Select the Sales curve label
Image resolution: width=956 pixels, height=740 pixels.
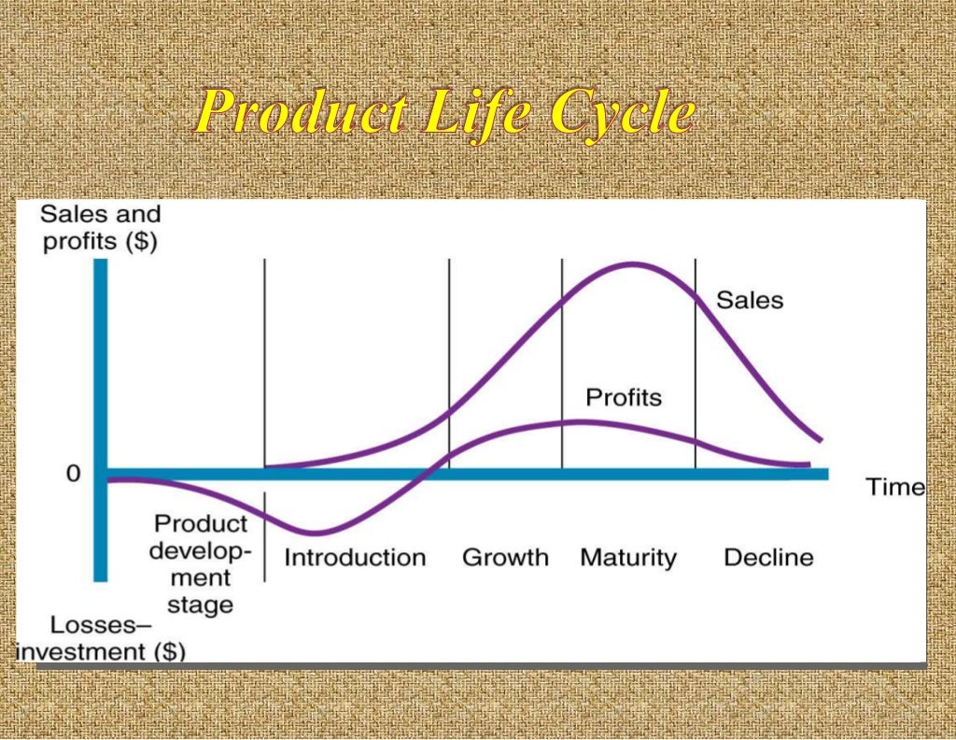coord(750,300)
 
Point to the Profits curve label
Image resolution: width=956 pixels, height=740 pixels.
coord(623,397)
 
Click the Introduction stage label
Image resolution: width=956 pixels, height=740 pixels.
coord(355,558)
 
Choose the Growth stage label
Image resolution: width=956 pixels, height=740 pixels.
coord(505,558)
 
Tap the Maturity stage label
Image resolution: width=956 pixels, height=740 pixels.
coord(627,558)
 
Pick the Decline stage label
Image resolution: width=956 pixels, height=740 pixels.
coord(768,558)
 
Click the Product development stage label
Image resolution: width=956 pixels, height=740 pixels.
coord(201,563)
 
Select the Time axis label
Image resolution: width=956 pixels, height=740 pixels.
coord(894,487)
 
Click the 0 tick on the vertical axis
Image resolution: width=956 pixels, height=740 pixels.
coord(73,474)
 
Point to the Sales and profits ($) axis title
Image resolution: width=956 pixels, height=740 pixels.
coord(100,227)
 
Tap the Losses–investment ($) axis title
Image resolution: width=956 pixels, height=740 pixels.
coord(100,638)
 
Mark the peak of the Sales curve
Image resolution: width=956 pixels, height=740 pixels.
coord(632,263)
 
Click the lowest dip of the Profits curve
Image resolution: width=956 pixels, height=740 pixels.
coord(315,533)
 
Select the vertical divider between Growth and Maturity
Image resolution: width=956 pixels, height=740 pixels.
coord(561,364)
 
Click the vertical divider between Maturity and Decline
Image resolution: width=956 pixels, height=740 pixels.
coord(696,364)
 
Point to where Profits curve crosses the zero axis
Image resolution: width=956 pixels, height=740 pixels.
coord(426,473)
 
